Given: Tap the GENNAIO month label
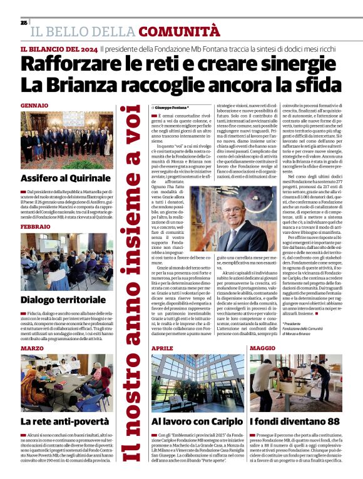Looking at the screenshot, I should [x=34, y=105].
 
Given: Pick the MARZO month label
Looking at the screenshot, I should [x=32, y=348].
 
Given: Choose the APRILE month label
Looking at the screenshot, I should [x=162, y=348].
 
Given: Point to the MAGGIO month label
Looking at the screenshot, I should [x=262, y=348].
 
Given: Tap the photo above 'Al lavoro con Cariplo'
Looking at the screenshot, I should [x=195, y=381].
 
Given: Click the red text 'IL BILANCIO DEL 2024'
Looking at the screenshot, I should [x=59, y=49].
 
